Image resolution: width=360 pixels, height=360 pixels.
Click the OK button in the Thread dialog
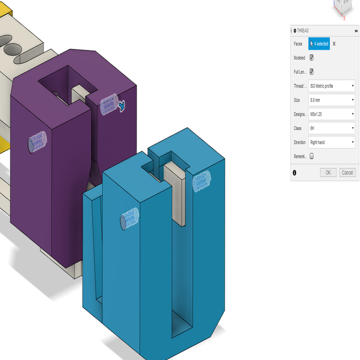coord(328,172)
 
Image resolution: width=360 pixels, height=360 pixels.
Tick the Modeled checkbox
coord(312,57)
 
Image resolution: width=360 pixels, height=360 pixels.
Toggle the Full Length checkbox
coord(312,71)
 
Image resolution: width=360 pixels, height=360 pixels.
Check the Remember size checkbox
coord(312,156)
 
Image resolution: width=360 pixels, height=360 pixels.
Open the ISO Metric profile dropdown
coord(332,86)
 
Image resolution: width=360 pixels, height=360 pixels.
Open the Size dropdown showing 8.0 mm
coord(332,100)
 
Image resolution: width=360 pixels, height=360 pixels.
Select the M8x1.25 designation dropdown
coord(332,114)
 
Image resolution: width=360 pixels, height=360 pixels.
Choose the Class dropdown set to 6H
coord(332,128)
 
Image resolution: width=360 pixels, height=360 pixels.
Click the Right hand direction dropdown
coord(332,142)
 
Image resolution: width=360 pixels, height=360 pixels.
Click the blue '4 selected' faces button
coord(319,44)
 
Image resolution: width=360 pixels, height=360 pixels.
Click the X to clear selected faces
coord(334,44)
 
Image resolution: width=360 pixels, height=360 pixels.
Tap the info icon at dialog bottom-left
coord(295,172)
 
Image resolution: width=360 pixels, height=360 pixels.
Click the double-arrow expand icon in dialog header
coord(356,30)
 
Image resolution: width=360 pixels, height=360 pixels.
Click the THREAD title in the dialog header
coord(303,30)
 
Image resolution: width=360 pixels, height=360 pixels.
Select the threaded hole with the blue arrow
coord(109,105)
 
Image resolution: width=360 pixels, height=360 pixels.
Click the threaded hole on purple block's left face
coord(37,141)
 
